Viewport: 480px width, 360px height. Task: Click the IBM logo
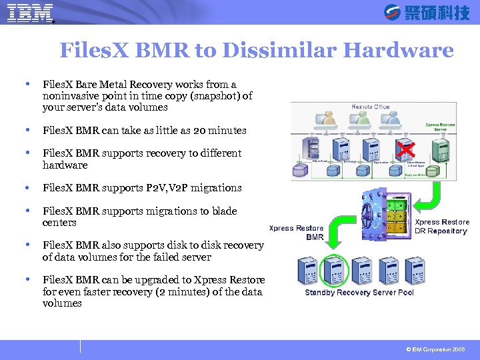point(29,13)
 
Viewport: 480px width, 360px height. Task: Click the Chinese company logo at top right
point(427,13)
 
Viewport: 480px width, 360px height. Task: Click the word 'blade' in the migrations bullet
point(223,211)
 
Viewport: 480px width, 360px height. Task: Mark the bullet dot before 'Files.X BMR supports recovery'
point(27,153)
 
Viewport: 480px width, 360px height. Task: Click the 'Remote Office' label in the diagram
point(371,107)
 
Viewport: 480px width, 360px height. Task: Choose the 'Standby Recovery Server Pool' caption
point(359,293)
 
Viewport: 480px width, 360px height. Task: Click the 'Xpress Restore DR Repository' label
point(441,227)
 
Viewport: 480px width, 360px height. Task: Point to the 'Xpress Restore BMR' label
point(296,233)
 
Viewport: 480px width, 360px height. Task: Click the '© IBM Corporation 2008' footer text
point(435,349)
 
